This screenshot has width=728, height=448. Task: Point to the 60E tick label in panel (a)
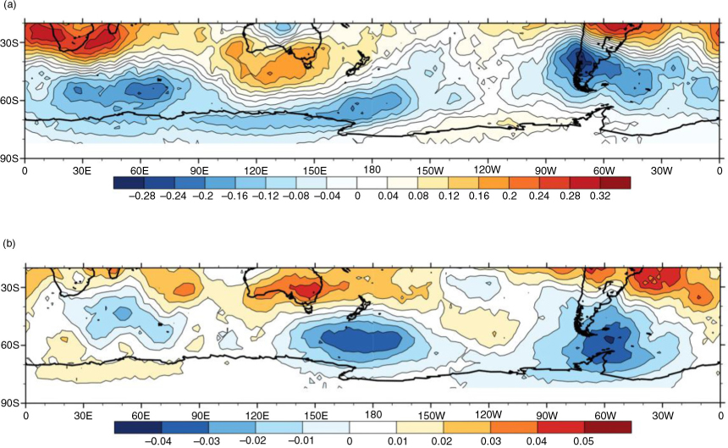[140, 171]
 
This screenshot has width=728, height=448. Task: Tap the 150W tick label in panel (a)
[430, 171]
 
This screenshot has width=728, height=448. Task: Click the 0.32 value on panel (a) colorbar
[600, 196]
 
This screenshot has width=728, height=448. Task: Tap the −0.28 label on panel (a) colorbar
[141, 196]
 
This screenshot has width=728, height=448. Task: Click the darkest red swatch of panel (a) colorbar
[615, 182]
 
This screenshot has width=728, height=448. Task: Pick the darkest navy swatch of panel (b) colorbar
[138, 427]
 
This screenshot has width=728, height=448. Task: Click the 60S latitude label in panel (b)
[9, 346]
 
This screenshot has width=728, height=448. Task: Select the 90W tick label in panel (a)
[546, 171]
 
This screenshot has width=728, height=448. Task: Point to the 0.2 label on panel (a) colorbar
[510, 196]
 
